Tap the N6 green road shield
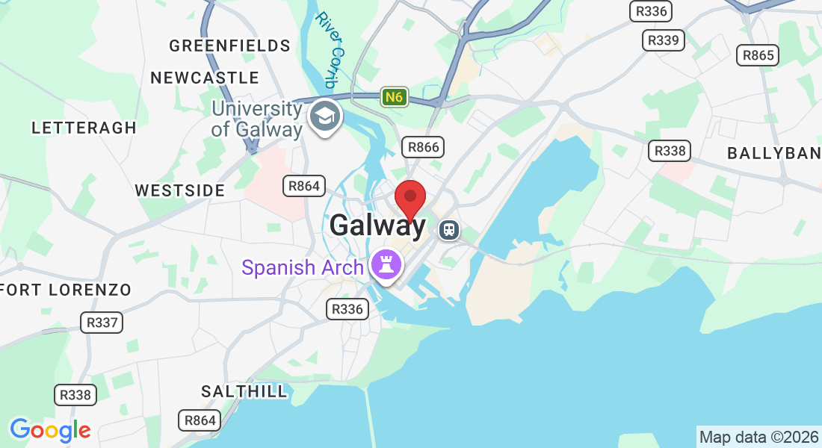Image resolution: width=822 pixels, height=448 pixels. point(394,97)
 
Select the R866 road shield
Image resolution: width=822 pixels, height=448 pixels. point(422,147)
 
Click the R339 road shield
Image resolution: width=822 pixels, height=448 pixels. point(664,40)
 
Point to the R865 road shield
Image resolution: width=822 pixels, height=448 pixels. point(757,55)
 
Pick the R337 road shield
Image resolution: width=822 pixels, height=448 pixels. point(102,323)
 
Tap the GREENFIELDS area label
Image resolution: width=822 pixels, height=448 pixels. point(229,46)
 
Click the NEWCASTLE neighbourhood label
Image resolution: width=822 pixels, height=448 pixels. point(205,78)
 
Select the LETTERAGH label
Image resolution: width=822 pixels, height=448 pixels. point(84,128)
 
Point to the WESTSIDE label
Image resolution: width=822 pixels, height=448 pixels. point(180,190)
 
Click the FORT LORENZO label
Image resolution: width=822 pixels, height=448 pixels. point(66,290)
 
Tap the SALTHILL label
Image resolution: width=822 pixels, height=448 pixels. point(244,391)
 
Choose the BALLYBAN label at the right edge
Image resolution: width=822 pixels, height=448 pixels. point(774,154)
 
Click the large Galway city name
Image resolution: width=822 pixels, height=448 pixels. point(377,225)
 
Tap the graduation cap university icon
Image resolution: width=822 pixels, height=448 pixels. point(324,116)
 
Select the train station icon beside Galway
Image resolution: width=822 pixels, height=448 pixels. point(449,230)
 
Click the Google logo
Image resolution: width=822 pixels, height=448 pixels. point(50,430)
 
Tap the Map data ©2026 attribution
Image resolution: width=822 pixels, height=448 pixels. point(758,438)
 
